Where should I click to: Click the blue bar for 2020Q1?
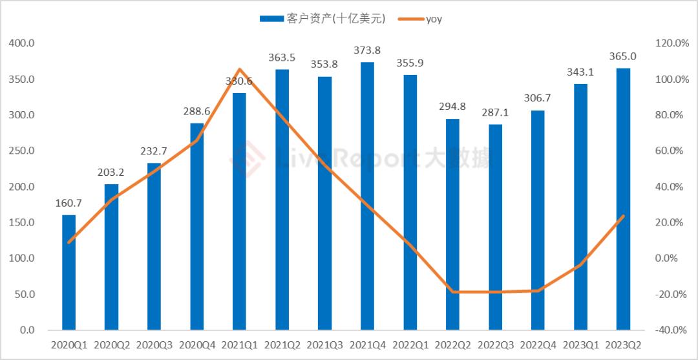click(x=69, y=272)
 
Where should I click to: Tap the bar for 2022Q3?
click(x=495, y=227)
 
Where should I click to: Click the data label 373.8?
click(x=367, y=50)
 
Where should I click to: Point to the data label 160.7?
click(x=69, y=203)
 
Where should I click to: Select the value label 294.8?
click(x=452, y=107)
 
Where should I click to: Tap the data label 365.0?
click(x=623, y=56)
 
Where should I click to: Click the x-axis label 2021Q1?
click(x=239, y=345)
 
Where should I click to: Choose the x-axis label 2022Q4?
click(x=538, y=345)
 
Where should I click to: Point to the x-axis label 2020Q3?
click(x=154, y=345)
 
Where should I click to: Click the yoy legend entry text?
click(x=434, y=19)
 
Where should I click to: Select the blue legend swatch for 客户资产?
click(x=271, y=19)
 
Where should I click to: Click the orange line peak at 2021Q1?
click(x=239, y=69)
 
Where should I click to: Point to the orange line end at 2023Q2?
click(x=623, y=216)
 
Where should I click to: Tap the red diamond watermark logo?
click(x=246, y=157)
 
